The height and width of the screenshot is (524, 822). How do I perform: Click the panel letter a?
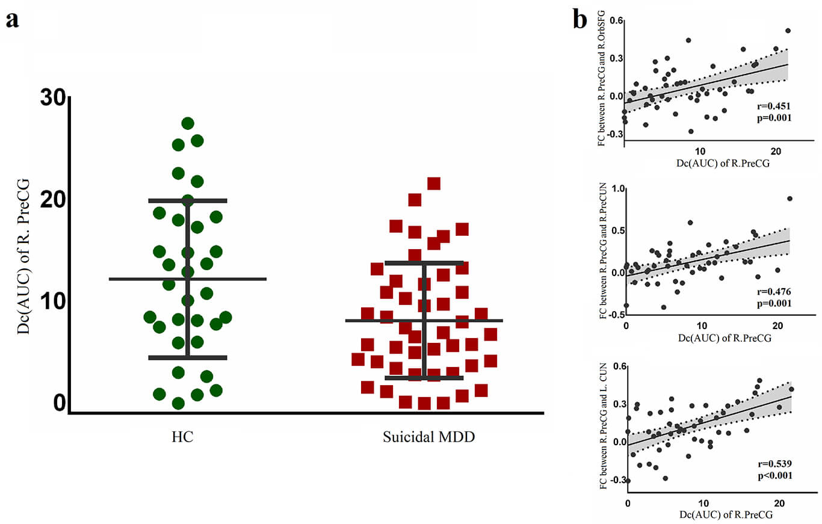pyautogui.click(x=12, y=20)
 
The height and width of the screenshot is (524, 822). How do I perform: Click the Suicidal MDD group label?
pyautogui.click(x=429, y=437)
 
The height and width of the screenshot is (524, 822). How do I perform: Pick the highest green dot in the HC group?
pyautogui.click(x=188, y=123)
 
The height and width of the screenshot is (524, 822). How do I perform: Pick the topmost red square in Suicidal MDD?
pyautogui.click(x=434, y=183)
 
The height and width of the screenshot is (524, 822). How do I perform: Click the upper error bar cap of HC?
pyautogui.click(x=188, y=200)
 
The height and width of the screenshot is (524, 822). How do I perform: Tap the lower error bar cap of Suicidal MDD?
pyautogui.click(x=424, y=378)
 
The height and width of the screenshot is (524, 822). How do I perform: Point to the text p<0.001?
pyautogui.click(x=774, y=475)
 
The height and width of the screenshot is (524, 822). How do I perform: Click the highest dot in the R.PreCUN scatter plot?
pyautogui.click(x=790, y=199)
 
